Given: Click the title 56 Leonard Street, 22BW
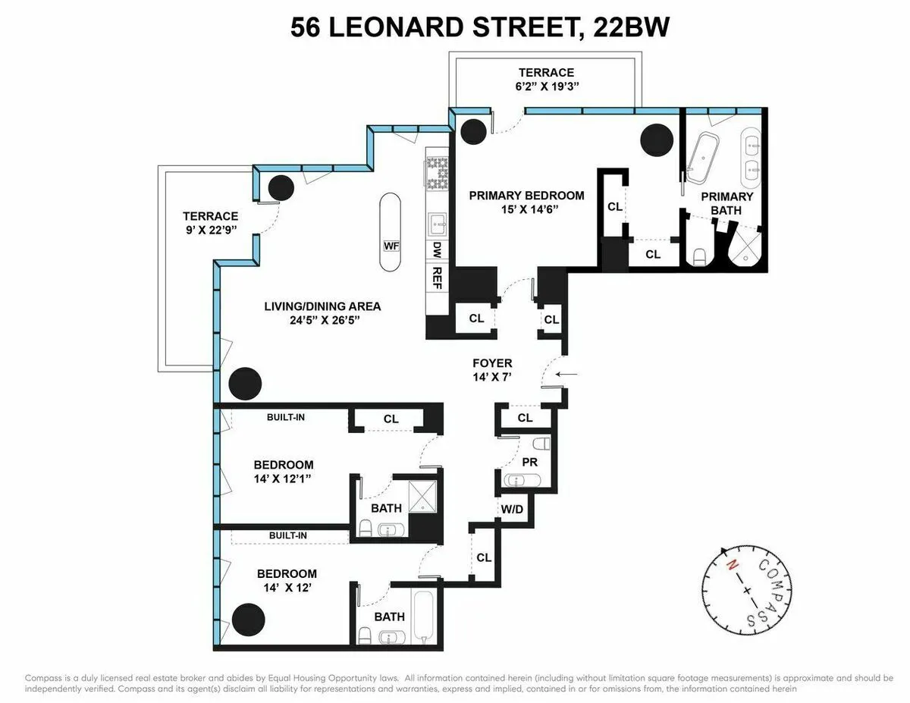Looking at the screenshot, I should point(480,28).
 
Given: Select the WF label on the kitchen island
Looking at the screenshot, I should point(391,246).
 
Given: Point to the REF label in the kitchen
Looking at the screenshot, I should point(437,274).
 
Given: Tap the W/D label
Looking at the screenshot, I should point(511,508).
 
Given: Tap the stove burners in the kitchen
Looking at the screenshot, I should point(438,174).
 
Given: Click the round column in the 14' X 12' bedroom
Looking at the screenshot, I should point(247,620).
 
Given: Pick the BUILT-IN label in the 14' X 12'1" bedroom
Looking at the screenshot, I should point(285,417).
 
